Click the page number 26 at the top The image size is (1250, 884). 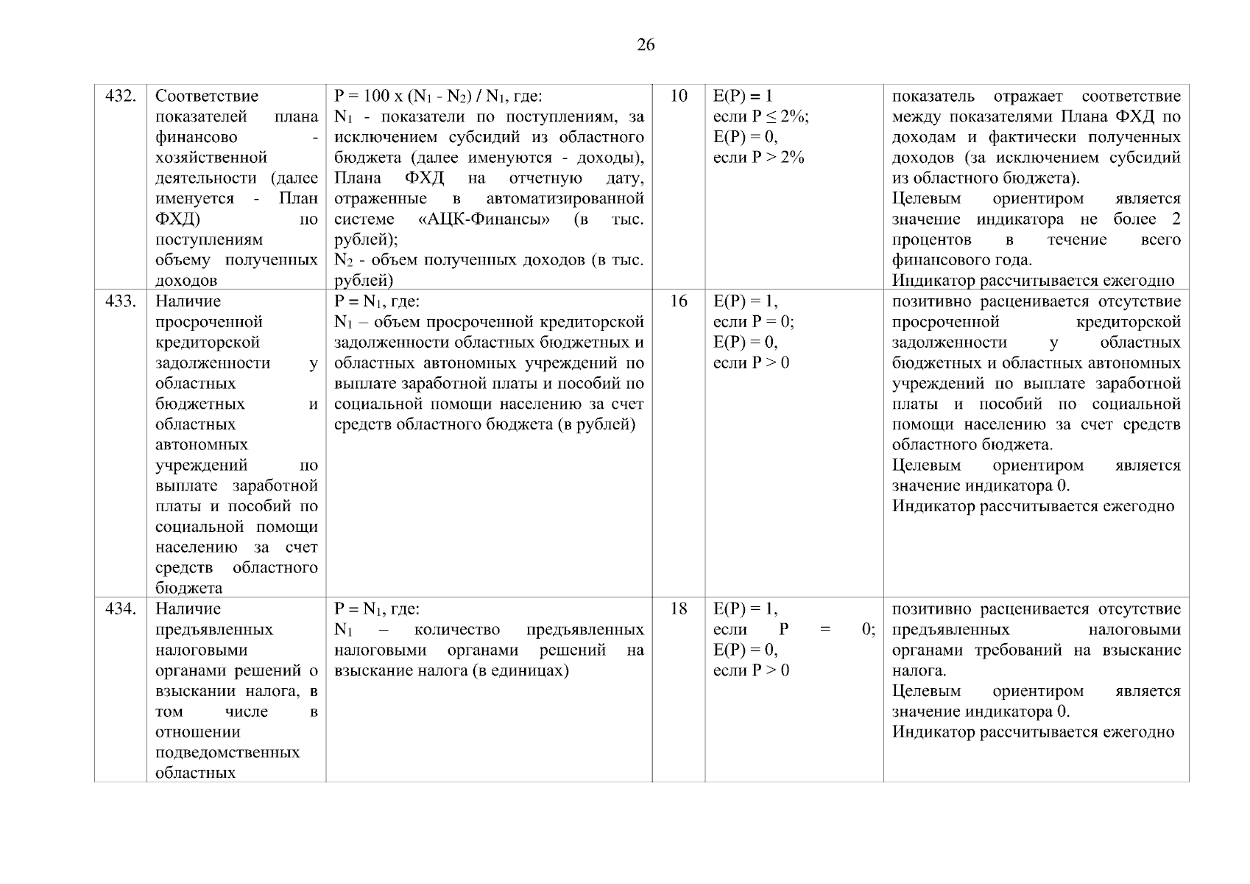tap(645, 46)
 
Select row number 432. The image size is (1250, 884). tap(121, 97)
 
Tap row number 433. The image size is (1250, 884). tap(121, 301)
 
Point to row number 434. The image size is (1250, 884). tap(121, 609)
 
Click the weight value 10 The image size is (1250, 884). tap(679, 97)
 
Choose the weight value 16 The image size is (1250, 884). tap(679, 301)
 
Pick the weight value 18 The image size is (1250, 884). tap(679, 609)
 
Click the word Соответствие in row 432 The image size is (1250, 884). tap(207, 97)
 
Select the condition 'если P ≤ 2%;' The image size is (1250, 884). tap(760, 116)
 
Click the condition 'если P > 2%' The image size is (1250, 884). tap(758, 158)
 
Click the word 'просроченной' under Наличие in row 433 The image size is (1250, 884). tap(209, 322)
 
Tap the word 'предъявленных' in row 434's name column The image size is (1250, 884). tap(214, 630)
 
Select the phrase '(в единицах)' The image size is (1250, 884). tap(522, 671)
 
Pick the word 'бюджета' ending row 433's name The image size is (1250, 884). tap(188, 589)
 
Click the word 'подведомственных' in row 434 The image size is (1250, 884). tap(227, 753)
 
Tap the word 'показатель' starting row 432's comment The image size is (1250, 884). tap(933, 97)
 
